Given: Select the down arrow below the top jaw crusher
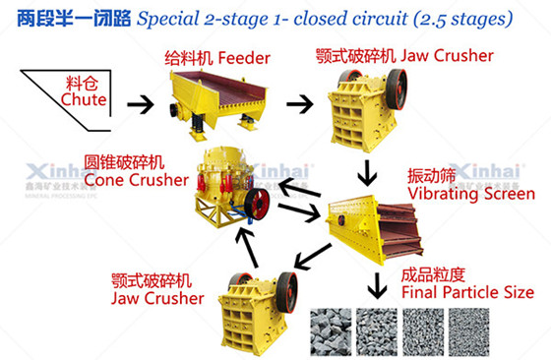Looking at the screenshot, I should point(368,174).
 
